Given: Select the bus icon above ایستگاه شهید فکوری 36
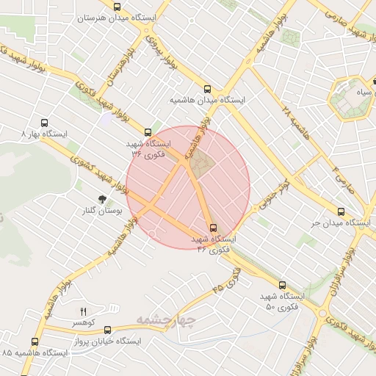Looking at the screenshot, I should click(x=148, y=132).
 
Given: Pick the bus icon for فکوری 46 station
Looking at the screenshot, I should click(x=214, y=228).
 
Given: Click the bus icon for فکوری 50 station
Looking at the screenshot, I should click(x=282, y=284).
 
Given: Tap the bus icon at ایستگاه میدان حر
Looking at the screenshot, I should click(x=341, y=209).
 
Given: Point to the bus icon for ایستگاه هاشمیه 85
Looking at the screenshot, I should click(x=36, y=341).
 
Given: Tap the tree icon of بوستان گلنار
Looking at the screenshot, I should click(x=103, y=198).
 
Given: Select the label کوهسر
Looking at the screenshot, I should click(x=83, y=323).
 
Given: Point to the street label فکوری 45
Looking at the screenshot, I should click(x=228, y=278).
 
